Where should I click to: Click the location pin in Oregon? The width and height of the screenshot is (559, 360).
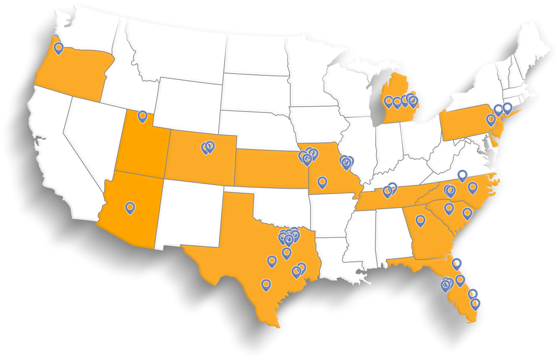(58, 48)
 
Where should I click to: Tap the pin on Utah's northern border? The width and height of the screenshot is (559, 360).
(142, 116)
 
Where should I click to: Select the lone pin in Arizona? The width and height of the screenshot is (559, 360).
(130, 207)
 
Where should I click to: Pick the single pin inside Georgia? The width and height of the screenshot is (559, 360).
(420, 220)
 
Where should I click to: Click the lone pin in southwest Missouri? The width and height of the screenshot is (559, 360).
(322, 182)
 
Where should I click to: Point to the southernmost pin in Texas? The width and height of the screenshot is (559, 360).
(266, 285)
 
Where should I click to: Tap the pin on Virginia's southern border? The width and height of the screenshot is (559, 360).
(462, 175)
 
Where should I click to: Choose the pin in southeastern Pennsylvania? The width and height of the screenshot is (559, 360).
(491, 120)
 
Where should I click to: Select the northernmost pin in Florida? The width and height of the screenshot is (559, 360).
(456, 264)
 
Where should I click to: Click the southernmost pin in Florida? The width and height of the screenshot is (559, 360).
(476, 304)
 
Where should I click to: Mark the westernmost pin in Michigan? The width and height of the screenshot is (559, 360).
(389, 102)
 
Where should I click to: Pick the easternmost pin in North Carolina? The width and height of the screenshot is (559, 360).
(472, 188)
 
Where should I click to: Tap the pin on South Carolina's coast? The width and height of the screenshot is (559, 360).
(467, 214)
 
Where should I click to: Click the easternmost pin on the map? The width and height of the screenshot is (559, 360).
(507, 108)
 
